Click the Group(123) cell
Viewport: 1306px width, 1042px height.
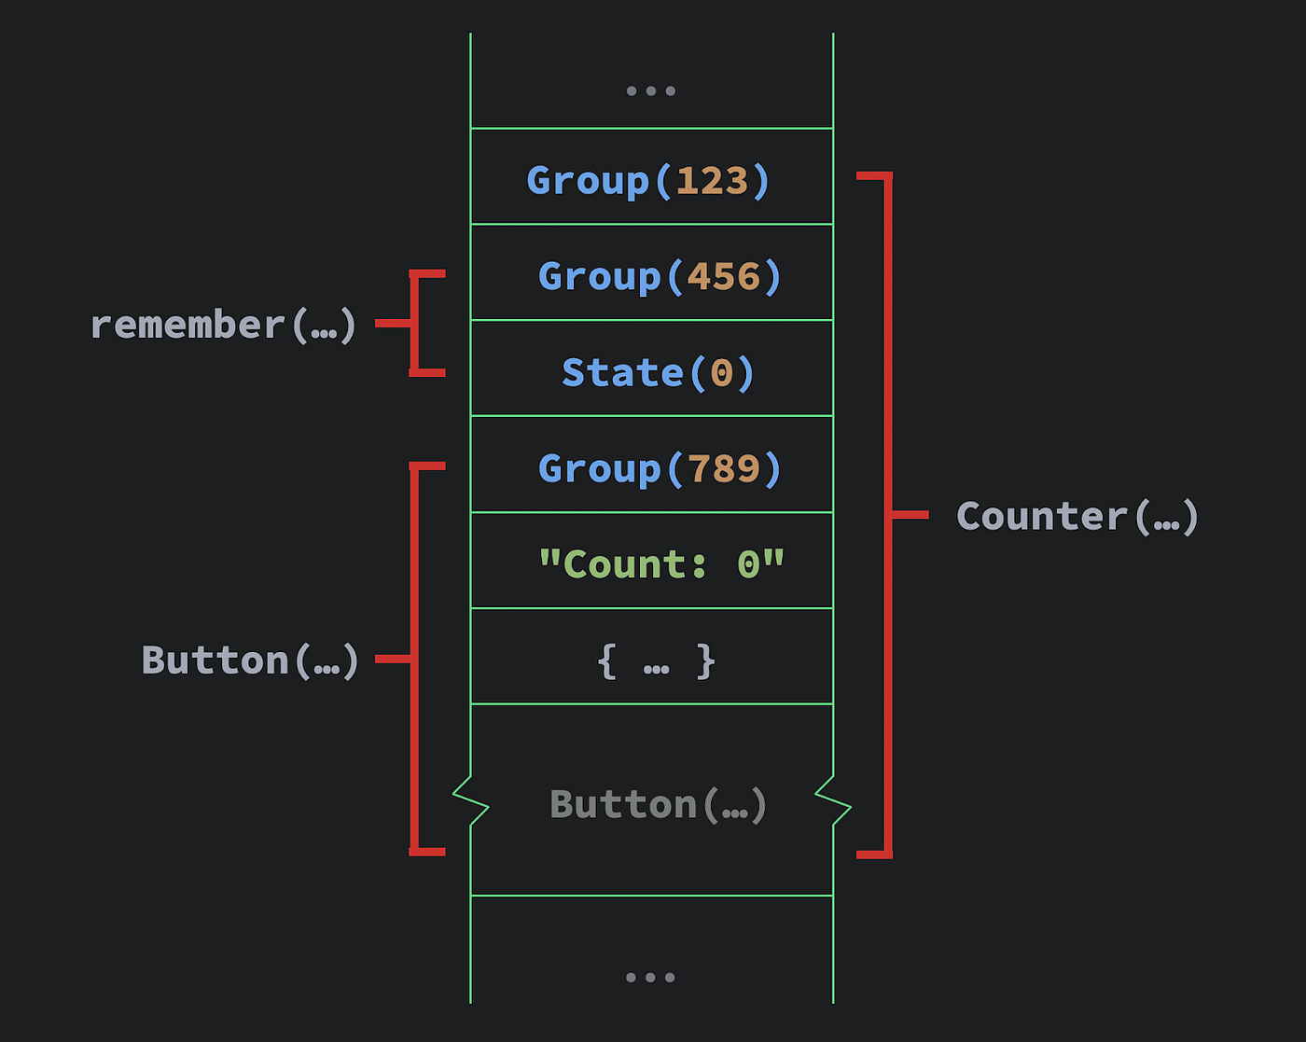click(650, 180)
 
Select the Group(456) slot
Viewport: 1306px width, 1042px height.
click(660, 276)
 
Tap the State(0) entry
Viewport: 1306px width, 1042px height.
click(658, 372)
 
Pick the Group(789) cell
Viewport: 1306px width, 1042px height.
click(660, 468)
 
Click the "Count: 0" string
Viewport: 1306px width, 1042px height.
click(661, 564)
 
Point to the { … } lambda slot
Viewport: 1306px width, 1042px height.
click(656, 661)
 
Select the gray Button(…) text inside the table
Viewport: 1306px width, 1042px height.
click(659, 804)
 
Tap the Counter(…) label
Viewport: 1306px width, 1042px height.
click(1077, 516)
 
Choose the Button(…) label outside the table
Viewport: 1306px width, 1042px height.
click(250, 660)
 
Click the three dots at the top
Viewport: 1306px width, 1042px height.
click(650, 91)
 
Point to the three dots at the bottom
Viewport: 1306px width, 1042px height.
click(650, 978)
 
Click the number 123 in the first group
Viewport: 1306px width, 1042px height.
click(713, 180)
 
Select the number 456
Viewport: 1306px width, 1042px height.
click(724, 276)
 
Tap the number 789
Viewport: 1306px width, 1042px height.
click(724, 468)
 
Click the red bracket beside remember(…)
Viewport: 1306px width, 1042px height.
click(414, 323)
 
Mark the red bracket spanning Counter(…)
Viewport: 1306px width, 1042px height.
click(888, 514)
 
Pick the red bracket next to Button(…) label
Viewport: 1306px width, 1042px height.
click(414, 659)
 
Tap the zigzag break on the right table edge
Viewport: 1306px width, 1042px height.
click(833, 799)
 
